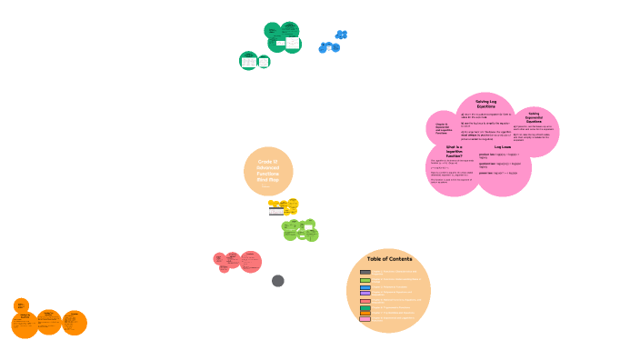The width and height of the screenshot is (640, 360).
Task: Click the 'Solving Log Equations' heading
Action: (x=485, y=104)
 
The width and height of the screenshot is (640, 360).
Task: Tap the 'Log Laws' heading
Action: (x=503, y=146)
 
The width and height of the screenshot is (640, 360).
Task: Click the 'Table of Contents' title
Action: (x=389, y=259)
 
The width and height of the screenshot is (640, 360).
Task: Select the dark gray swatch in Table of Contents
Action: (x=365, y=272)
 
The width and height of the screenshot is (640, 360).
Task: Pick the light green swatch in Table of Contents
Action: (x=365, y=280)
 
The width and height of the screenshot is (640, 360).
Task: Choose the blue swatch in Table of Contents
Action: (x=365, y=287)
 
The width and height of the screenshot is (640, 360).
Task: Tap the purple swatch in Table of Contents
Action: (x=365, y=293)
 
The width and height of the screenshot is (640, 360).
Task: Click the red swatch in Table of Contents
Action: (x=365, y=300)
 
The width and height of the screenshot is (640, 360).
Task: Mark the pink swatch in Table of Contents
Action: (x=365, y=319)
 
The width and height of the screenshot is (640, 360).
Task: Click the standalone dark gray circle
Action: (x=278, y=281)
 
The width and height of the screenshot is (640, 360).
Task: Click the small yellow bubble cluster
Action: (x=284, y=207)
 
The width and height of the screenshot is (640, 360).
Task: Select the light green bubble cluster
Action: (x=300, y=229)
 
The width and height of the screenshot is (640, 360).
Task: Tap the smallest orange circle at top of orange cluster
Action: (x=21, y=305)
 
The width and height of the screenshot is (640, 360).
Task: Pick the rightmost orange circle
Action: (x=75, y=323)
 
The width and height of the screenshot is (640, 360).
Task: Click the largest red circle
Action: (x=250, y=262)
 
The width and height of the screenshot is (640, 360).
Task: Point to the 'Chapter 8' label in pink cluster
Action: (x=442, y=129)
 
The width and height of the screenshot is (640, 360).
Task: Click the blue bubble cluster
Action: (x=333, y=43)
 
